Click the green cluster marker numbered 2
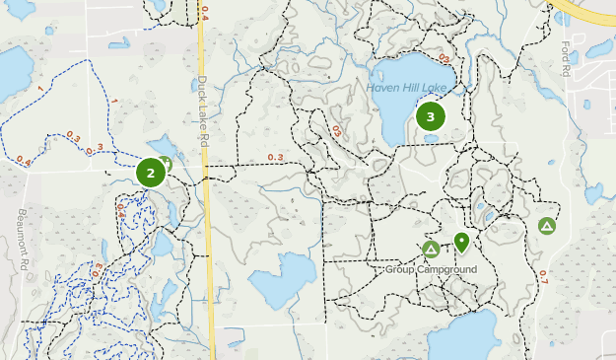click(151, 173)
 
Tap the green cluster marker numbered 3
click(431, 116)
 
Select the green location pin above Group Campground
click(461, 242)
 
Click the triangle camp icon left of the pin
click(431, 250)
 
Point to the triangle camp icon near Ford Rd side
click(546, 226)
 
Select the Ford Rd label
click(566, 58)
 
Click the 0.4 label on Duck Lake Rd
click(204, 12)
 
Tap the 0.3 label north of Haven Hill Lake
click(445, 57)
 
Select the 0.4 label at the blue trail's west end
click(24, 160)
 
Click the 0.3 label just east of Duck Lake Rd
click(274, 158)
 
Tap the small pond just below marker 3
click(432, 139)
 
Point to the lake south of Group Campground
click(463, 335)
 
